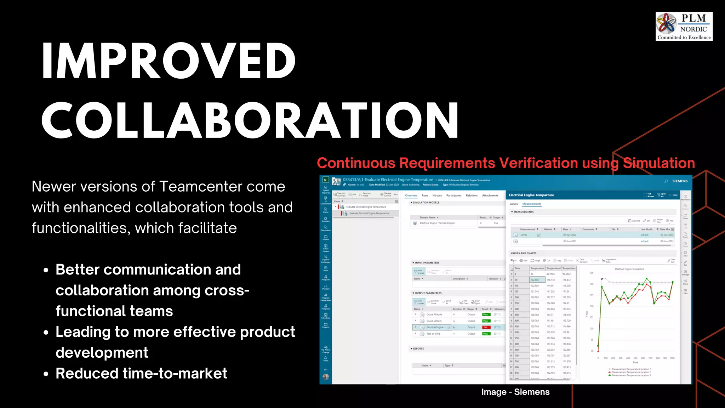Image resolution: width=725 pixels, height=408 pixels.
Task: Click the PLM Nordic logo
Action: pos(684,27)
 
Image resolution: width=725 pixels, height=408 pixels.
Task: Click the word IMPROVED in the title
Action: pos(169,61)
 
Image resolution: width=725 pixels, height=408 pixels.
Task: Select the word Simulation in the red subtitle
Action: pos(659,163)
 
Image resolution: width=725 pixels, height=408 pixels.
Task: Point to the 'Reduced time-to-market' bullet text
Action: pos(141,374)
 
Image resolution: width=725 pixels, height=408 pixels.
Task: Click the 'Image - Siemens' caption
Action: pos(515,392)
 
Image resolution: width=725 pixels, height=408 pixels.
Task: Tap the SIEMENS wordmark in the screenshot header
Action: pos(680,181)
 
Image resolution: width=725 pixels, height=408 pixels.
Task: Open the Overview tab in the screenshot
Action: pos(411,195)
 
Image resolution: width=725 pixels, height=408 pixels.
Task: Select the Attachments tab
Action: pos(490,195)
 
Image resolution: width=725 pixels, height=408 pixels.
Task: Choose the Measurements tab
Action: pos(531,204)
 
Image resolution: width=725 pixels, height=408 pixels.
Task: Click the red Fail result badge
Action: pos(486,327)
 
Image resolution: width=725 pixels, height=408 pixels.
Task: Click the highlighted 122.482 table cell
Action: pos(535,280)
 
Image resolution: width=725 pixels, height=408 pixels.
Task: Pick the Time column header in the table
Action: pos(518,268)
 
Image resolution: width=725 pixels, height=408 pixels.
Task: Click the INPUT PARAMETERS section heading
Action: pos(427,263)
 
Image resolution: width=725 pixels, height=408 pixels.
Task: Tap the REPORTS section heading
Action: pos(418,349)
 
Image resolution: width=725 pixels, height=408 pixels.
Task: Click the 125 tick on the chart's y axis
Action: pos(591,273)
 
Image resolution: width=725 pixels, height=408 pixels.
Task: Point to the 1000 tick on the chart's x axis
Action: pos(672,358)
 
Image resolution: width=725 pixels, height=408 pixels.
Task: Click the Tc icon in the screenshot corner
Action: pos(325,180)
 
